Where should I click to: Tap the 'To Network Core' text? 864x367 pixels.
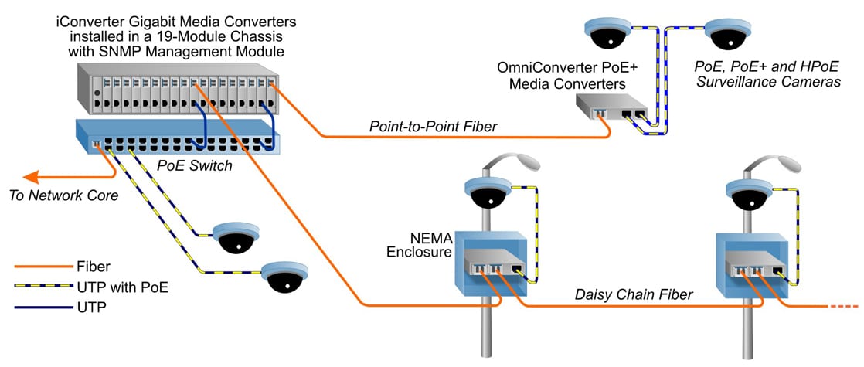point(63,195)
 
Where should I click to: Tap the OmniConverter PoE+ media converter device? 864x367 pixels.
point(611,109)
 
